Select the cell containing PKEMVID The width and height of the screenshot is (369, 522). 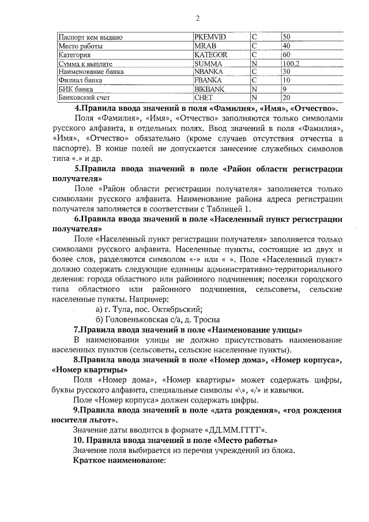pyautogui.click(x=210, y=37)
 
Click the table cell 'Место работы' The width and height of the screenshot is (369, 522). pyautogui.click(x=81, y=46)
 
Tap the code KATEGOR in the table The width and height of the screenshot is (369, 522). pyautogui.click(x=211, y=55)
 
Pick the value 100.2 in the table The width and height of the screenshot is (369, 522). pyautogui.click(x=291, y=63)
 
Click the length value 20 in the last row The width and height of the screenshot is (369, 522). pyautogui.click(x=286, y=98)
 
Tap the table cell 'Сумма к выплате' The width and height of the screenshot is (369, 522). pyautogui.click(x=85, y=63)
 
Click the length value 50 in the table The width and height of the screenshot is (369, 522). pyautogui.click(x=286, y=37)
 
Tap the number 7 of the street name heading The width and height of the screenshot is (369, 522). pyautogui.click(x=76, y=331)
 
